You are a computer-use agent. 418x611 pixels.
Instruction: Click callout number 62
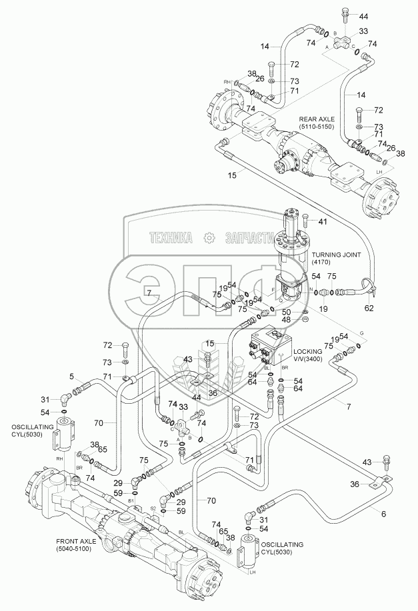coord(369,308)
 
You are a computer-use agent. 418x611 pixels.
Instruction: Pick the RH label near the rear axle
coord(227,82)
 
